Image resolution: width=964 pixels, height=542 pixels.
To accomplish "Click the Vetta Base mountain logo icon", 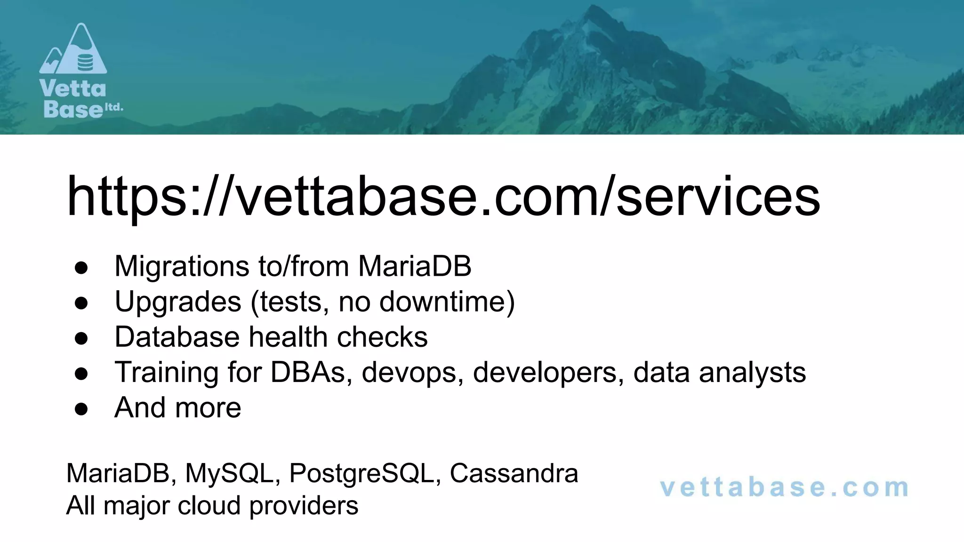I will click(x=73, y=49).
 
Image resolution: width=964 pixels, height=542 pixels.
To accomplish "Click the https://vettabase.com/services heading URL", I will click(x=443, y=197).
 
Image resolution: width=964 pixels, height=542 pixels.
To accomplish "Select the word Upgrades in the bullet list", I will click(x=178, y=302).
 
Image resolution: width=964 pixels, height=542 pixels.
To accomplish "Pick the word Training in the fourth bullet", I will click(x=167, y=372).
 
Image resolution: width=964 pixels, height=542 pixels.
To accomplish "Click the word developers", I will click(x=548, y=372).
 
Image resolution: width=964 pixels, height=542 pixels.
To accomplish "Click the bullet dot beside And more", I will click(x=81, y=408).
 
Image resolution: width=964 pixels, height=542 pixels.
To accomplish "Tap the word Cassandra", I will click(x=514, y=473).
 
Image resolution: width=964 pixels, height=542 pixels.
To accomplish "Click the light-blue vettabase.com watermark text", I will click(x=784, y=488).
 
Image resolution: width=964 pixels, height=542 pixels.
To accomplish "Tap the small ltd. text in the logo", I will click(x=113, y=107).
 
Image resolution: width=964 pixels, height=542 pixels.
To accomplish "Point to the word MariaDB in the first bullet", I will click(x=415, y=266).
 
